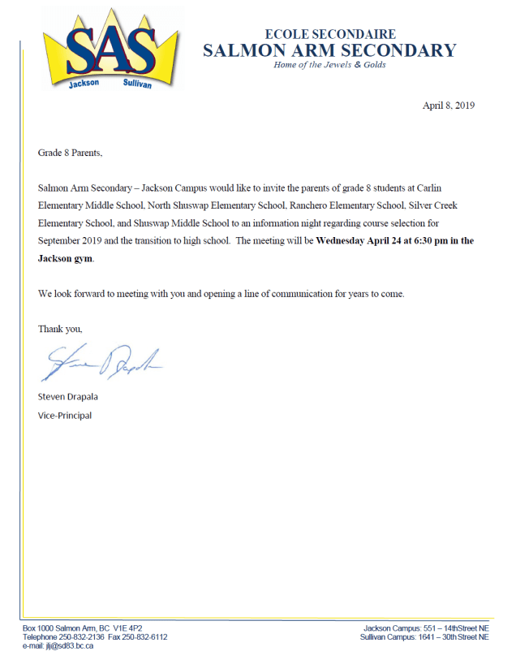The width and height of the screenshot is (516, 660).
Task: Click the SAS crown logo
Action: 109,49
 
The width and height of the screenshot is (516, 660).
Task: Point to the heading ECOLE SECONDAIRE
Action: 329,34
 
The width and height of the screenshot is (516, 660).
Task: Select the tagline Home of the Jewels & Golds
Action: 329,65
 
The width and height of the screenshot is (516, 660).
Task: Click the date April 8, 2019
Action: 449,106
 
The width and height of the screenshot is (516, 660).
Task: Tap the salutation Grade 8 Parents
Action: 71,153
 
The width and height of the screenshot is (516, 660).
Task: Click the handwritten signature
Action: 101,363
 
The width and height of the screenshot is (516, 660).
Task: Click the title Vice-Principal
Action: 65,416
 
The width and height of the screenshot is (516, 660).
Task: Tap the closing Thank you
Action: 60,329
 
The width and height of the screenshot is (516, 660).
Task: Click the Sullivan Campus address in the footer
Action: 425,637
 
